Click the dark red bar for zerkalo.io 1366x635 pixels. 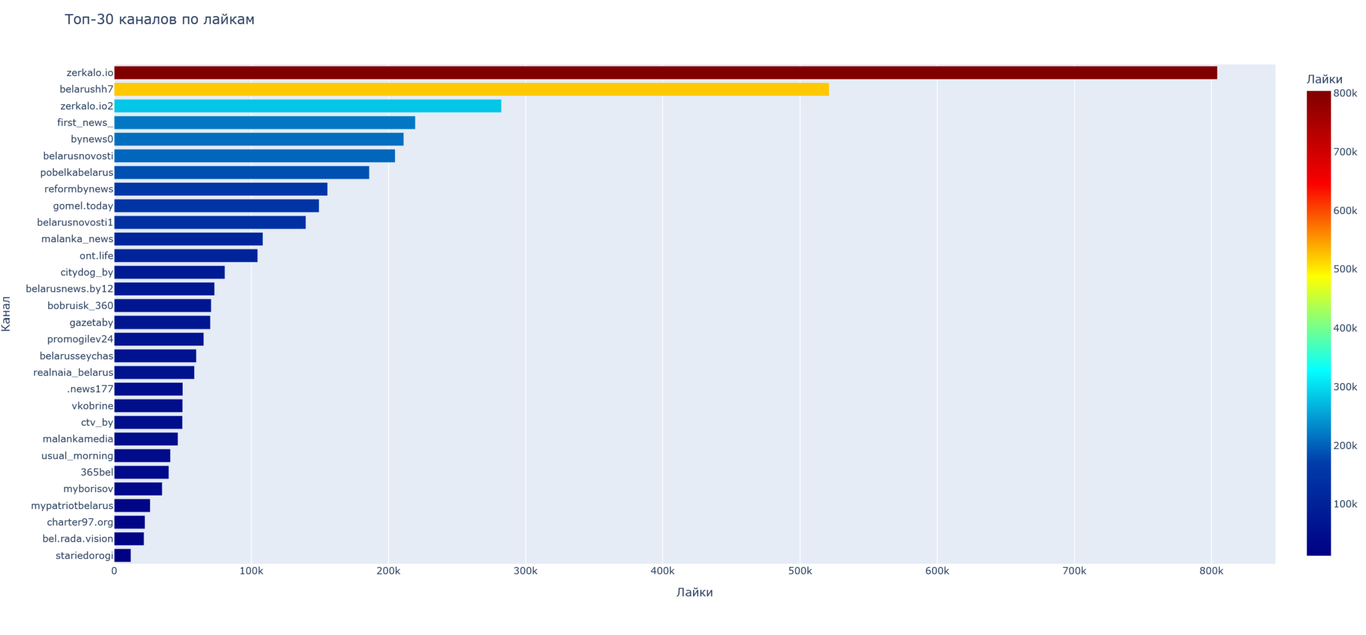[665, 73]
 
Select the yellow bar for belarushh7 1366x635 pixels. [471, 89]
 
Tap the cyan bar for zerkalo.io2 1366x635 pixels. [307, 106]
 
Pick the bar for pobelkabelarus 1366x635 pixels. [241, 173]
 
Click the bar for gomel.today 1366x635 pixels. [216, 206]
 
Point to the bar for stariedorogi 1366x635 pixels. [123, 556]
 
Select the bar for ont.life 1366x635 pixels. [185, 255]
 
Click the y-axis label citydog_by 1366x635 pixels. [87, 272]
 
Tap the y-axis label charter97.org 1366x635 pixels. [80, 522]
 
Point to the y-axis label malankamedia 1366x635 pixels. [78, 439]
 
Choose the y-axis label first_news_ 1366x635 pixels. [85, 123]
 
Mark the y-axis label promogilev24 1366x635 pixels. [80, 339]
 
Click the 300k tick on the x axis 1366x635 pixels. [526, 572]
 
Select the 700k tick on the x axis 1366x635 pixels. [1074, 572]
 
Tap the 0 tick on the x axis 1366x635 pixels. [114, 572]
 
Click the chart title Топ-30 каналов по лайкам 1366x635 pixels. [159, 19]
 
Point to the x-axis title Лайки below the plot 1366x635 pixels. [694, 592]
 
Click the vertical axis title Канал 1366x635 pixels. [7, 313]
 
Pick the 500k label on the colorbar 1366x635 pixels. [1345, 269]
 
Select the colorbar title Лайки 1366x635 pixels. [1324, 79]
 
